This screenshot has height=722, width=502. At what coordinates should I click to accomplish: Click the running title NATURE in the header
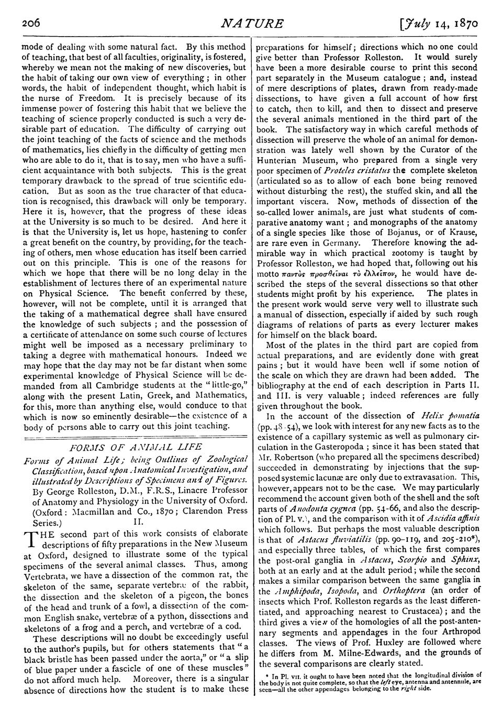[x=253, y=24]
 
